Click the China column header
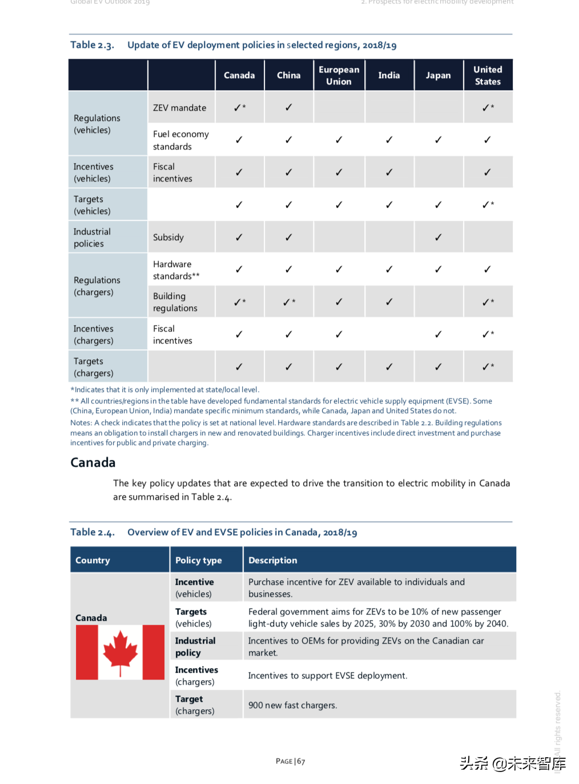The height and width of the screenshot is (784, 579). tap(288, 75)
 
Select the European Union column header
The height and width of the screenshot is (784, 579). tap(339, 75)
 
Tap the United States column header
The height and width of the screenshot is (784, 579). tap(488, 75)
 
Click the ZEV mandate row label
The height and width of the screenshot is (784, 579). tap(179, 108)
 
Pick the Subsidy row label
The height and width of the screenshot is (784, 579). tap(168, 237)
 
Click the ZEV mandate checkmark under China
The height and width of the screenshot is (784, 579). tap(288, 107)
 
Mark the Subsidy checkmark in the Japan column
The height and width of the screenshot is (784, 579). tap(438, 237)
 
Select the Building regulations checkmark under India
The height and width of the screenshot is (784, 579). tap(389, 302)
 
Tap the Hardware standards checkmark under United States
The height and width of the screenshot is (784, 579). tap(487, 269)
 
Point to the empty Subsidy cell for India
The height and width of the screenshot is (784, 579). tap(389, 237)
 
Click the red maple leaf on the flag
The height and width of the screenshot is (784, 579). tap(120, 652)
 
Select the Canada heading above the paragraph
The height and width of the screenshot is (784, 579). tap(93, 463)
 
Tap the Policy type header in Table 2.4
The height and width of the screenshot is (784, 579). tap(198, 560)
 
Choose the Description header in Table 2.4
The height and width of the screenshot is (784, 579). tap(273, 560)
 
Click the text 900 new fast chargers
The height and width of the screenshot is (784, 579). tap(292, 705)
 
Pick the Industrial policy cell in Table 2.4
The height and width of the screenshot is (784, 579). tap(195, 646)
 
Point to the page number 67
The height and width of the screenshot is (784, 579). tap(301, 761)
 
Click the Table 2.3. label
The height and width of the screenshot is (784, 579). tap(92, 45)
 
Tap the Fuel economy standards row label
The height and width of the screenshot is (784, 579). tap(180, 140)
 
